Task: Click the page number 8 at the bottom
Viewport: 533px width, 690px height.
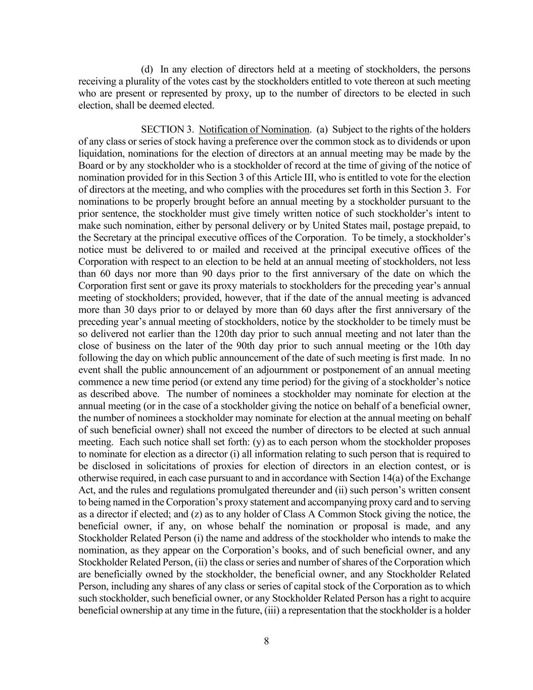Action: pos(266,641)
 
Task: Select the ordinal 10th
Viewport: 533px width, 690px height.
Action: pos(443,346)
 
